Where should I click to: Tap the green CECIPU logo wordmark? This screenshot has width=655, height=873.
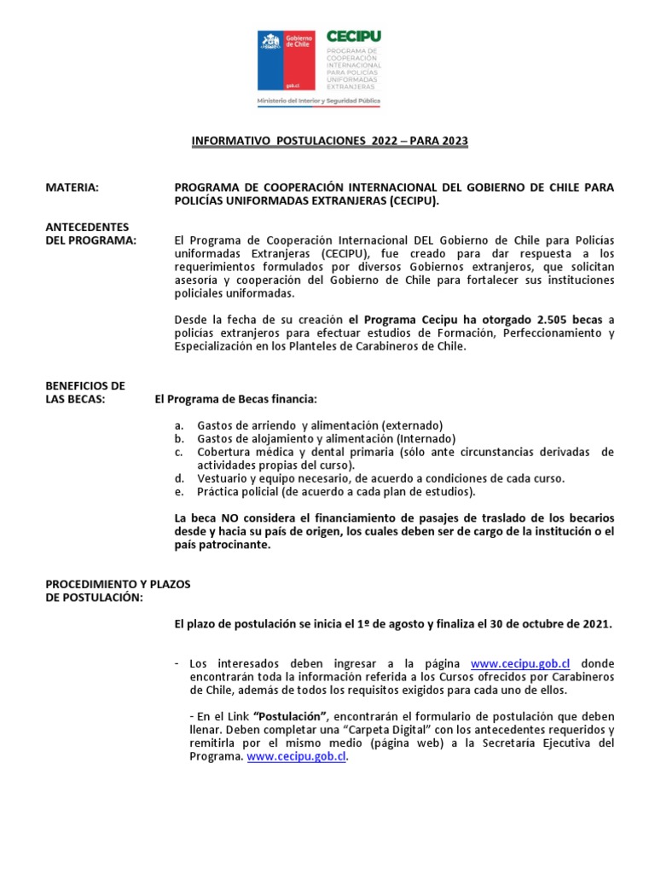[353, 38]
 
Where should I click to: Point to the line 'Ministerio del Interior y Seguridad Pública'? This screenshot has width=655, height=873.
[319, 101]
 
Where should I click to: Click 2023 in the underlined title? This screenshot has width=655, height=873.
[452, 142]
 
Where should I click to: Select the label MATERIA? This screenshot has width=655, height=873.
[72, 188]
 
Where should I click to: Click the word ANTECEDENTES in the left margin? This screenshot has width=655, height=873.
[87, 228]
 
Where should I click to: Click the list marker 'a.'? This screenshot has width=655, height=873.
[178, 425]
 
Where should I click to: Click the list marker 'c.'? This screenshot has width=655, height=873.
[178, 452]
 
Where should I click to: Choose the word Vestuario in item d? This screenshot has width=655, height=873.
[224, 478]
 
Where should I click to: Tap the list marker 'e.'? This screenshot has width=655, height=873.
[178, 492]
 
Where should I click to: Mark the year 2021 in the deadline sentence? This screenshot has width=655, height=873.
[595, 624]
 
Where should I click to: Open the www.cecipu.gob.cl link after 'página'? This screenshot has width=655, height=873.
[520, 663]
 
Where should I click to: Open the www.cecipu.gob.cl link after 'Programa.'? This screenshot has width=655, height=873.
[297, 756]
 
